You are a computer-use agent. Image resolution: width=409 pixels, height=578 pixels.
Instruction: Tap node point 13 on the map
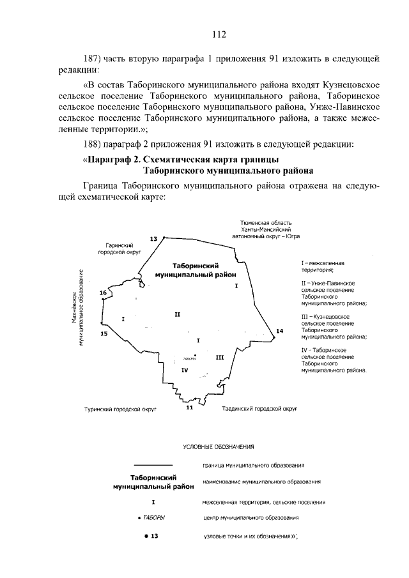point(164,238)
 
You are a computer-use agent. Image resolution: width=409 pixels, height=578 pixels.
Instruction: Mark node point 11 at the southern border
point(189,402)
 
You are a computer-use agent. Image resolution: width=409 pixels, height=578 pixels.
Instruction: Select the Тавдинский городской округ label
point(259,407)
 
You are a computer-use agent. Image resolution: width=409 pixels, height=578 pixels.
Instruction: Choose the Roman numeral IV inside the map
point(183,370)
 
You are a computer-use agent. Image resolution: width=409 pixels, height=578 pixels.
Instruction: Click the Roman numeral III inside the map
point(219,358)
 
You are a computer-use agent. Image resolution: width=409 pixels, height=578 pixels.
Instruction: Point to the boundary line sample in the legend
point(153,464)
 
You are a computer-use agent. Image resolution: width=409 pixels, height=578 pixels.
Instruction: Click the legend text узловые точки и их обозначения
point(251,535)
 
